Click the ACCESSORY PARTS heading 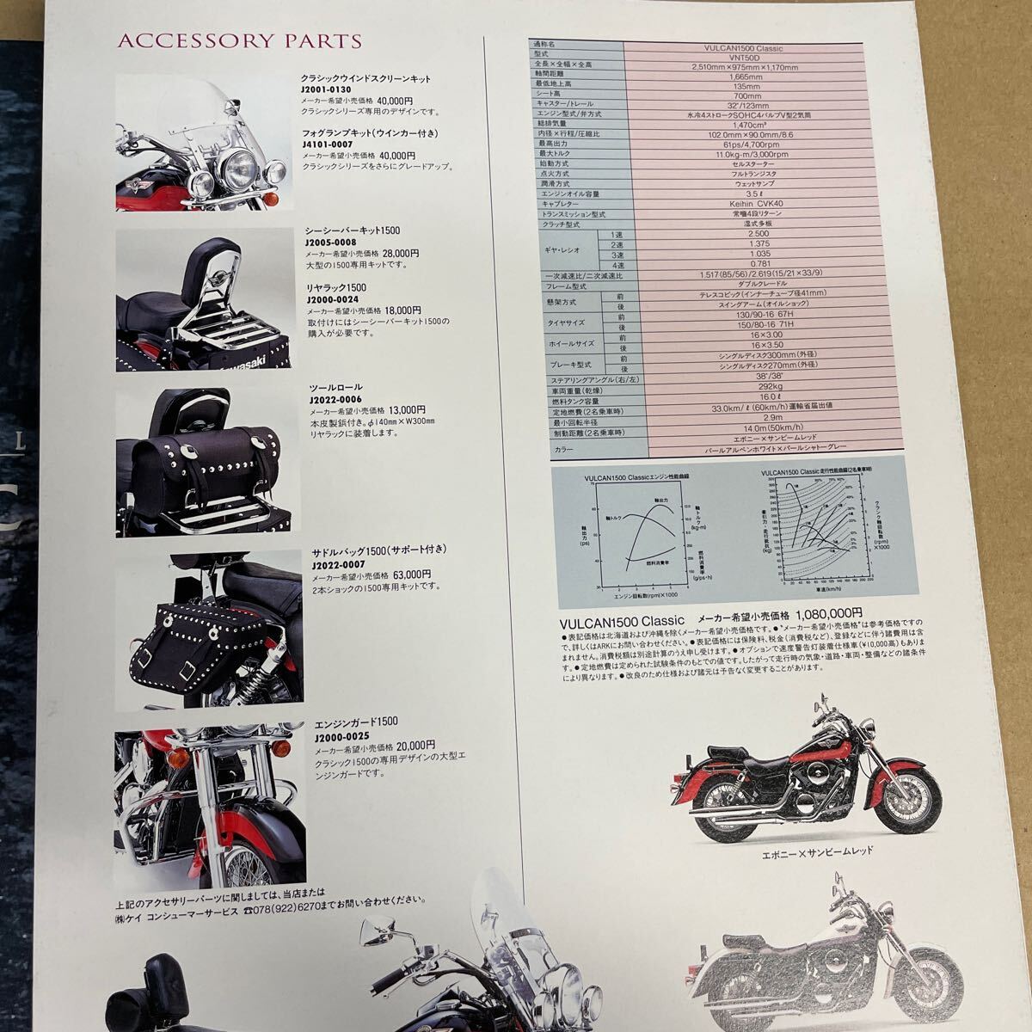click(x=238, y=40)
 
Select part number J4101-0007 click(x=329, y=144)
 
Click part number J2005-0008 click(x=332, y=243)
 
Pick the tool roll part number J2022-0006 click(x=332, y=399)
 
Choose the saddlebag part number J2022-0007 click(x=332, y=564)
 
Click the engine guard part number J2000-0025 click(x=332, y=734)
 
